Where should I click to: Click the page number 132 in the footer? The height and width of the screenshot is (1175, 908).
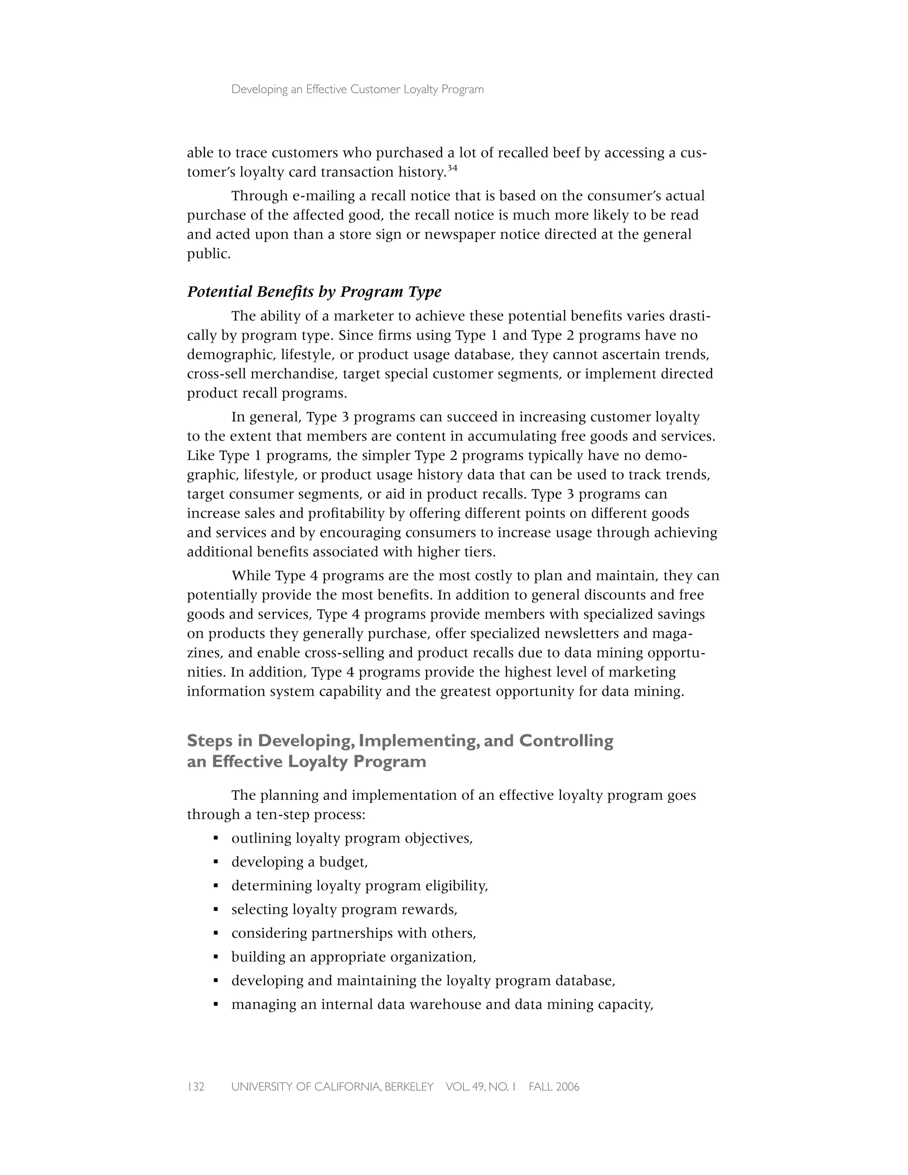point(196,1087)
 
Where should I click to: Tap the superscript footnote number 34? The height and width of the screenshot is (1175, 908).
point(452,168)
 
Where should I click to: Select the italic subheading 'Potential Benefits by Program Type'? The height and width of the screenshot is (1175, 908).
point(314,292)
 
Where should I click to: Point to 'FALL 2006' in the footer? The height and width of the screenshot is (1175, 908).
point(554,1087)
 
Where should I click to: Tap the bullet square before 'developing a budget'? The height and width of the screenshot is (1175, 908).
point(216,862)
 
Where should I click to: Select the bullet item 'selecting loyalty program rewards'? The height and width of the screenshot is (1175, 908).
point(344,909)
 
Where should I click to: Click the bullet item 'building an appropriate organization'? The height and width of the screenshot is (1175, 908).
point(353,956)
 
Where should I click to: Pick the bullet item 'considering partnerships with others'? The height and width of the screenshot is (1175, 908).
point(353,933)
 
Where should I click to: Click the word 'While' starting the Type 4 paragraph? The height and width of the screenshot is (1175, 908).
point(250,576)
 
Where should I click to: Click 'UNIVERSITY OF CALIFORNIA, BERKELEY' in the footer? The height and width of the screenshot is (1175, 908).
point(332,1087)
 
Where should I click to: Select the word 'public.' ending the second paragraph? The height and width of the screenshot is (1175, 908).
point(209,254)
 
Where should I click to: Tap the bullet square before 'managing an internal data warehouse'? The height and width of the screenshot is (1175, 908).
point(216,1004)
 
